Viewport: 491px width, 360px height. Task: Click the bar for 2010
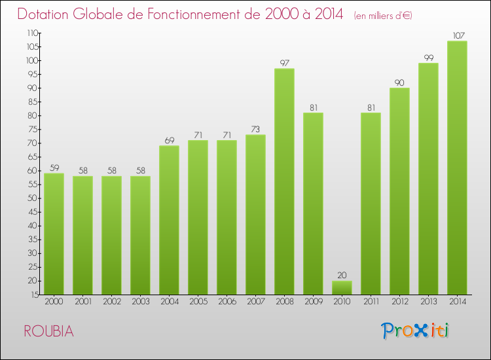click(342, 287)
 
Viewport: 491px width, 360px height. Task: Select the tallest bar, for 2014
click(457, 168)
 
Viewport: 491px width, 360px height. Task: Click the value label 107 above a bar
click(457, 35)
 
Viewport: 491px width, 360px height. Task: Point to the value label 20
click(342, 276)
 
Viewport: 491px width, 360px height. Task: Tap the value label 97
click(284, 63)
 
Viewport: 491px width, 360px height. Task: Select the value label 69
click(169, 140)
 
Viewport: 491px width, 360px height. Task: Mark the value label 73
click(255, 129)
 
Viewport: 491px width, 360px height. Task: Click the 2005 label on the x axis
click(198, 302)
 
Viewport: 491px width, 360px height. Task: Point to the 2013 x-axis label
click(428, 302)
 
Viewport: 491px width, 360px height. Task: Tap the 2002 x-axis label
click(111, 302)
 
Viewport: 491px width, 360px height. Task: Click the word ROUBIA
click(49, 331)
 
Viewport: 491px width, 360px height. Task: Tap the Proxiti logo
click(416, 331)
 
